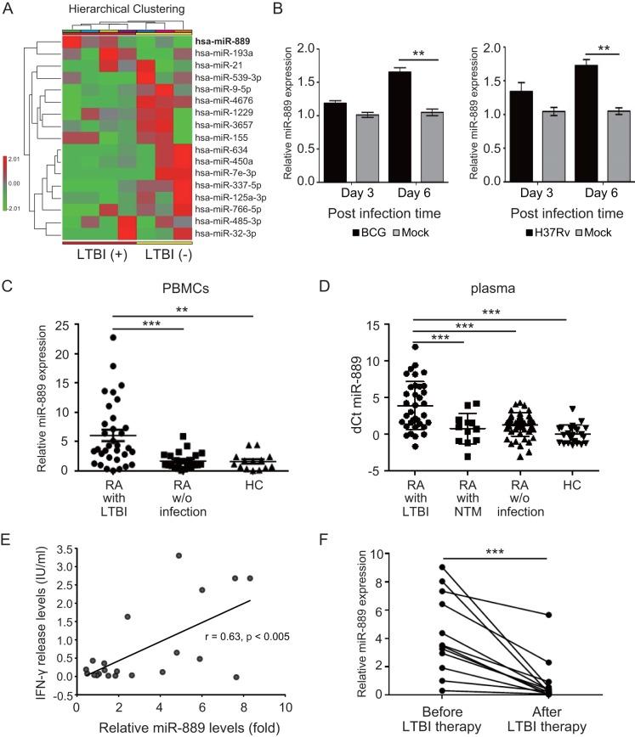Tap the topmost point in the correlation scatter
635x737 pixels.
[x=179, y=603]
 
